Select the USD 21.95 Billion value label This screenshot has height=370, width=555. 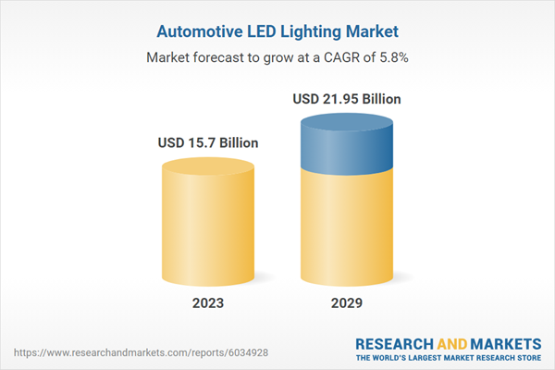point(347,99)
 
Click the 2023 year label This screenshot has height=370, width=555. point(207,304)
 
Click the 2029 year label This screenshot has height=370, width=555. point(347,304)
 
